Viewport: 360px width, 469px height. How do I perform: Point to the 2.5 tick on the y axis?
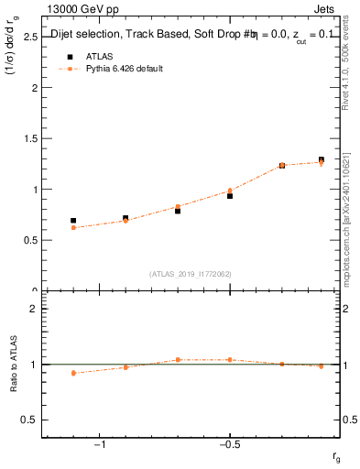[x=29, y=38]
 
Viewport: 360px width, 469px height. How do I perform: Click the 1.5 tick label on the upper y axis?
[x=29, y=139]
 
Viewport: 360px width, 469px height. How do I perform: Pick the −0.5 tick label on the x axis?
[x=229, y=445]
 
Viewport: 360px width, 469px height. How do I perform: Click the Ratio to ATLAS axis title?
[x=13, y=365]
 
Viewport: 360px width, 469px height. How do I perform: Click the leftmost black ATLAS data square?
[x=73, y=221]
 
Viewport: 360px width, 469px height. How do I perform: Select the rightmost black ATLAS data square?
[x=322, y=159]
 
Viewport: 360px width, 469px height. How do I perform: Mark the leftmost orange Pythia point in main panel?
[x=73, y=227]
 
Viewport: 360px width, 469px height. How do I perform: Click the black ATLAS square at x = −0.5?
[x=230, y=196]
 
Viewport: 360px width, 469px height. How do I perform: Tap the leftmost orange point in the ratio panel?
[x=73, y=373]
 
